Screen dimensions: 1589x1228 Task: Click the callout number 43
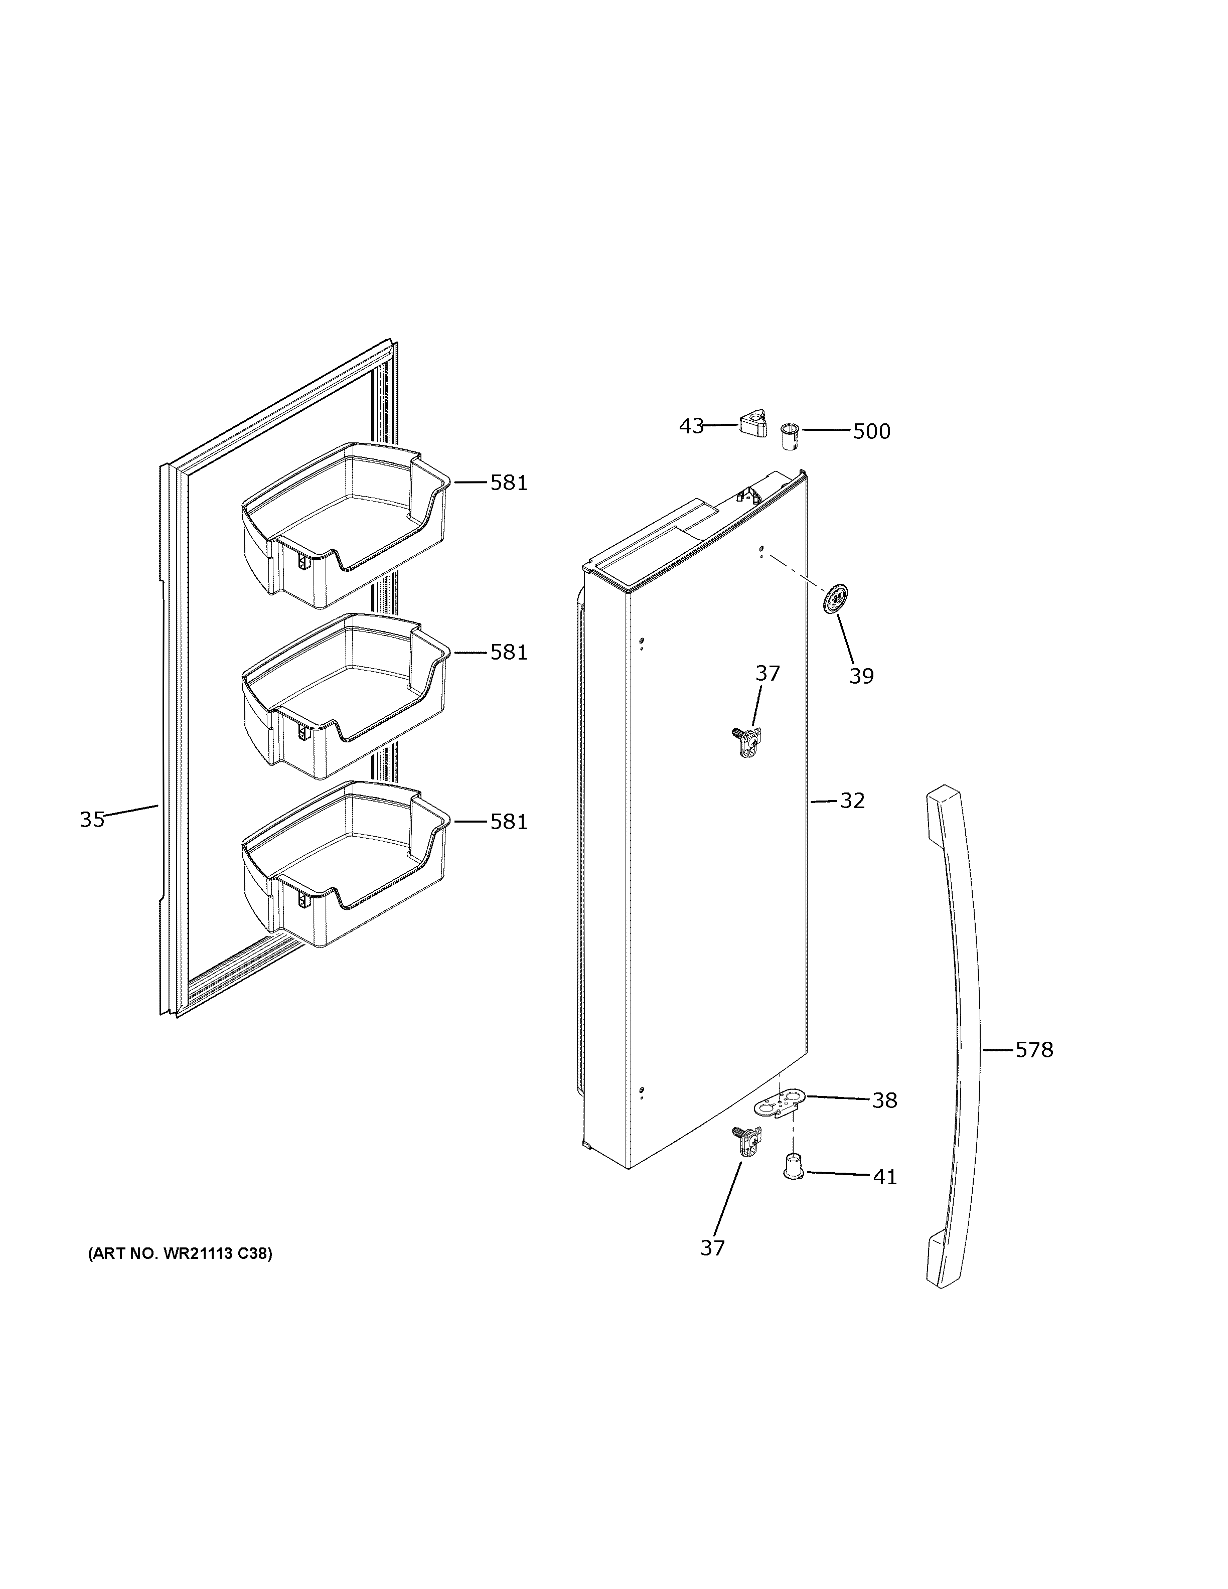tap(691, 426)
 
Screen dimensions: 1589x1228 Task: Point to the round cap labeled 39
tap(836, 599)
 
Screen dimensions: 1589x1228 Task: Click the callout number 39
tap(861, 676)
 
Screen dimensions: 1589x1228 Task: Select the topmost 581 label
tap(508, 483)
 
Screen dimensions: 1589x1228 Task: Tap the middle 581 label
tap(508, 652)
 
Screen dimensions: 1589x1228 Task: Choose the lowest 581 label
tap(508, 822)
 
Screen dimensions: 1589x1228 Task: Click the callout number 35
tap(92, 820)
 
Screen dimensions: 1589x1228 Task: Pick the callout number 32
tap(852, 801)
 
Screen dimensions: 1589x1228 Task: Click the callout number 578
tap(1034, 1050)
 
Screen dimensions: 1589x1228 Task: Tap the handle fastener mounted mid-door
tap(745, 741)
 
